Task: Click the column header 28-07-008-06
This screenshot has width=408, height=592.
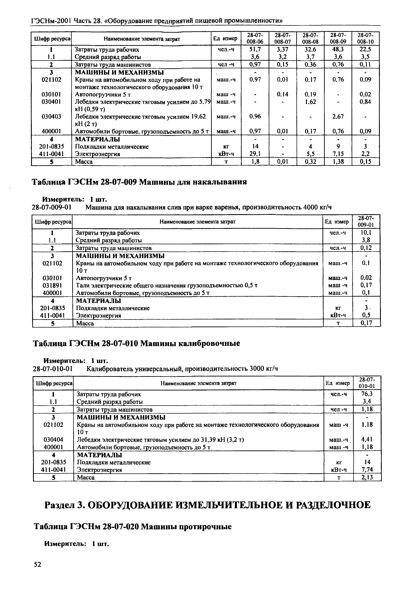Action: pos(255,38)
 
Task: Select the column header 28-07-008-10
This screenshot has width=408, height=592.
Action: pos(365,38)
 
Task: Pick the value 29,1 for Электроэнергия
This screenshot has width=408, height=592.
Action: pos(255,154)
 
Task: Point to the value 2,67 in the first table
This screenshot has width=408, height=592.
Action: pos(338,117)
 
